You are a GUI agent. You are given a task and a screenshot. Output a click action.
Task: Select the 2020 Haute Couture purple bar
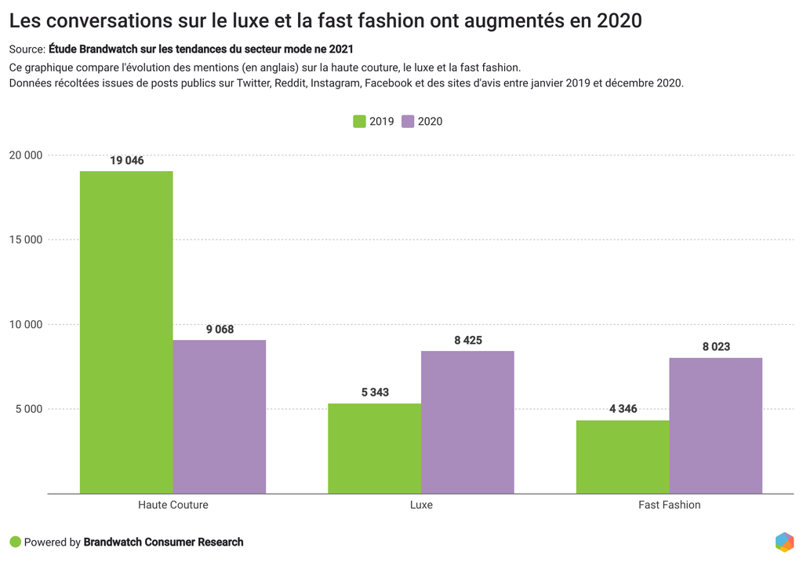pyautogui.click(x=220, y=417)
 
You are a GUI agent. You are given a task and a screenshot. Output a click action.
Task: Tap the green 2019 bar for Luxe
pyautogui.click(x=374, y=448)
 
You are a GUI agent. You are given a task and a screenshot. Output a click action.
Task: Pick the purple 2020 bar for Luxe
pyautogui.click(x=467, y=422)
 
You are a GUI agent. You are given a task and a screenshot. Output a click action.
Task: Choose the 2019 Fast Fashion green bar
pyautogui.click(x=623, y=457)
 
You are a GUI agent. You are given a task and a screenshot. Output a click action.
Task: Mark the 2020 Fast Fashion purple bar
pyautogui.click(x=715, y=425)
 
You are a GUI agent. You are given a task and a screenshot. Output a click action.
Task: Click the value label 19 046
pyautogui.click(x=127, y=161)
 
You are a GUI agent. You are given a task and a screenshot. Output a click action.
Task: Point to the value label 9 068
pyautogui.click(x=220, y=330)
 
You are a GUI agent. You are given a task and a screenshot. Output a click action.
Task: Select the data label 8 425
pyautogui.click(x=467, y=341)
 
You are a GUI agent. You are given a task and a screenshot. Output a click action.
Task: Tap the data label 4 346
pyautogui.click(x=623, y=409)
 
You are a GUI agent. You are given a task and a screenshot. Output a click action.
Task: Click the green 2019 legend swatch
pyautogui.click(x=360, y=122)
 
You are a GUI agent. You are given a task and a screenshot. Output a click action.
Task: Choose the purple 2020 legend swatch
pyautogui.click(x=408, y=122)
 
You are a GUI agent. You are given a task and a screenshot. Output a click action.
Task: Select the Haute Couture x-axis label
pyautogui.click(x=173, y=505)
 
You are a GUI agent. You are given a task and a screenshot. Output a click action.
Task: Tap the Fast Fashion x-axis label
pyautogui.click(x=669, y=505)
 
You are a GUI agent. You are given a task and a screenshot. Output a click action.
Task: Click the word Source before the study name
pyautogui.click(x=27, y=49)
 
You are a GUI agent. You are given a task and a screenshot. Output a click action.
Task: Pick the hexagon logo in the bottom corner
pyautogui.click(x=784, y=542)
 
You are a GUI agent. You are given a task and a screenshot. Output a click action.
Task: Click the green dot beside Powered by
pyautogui.click(x=15, y=542)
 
